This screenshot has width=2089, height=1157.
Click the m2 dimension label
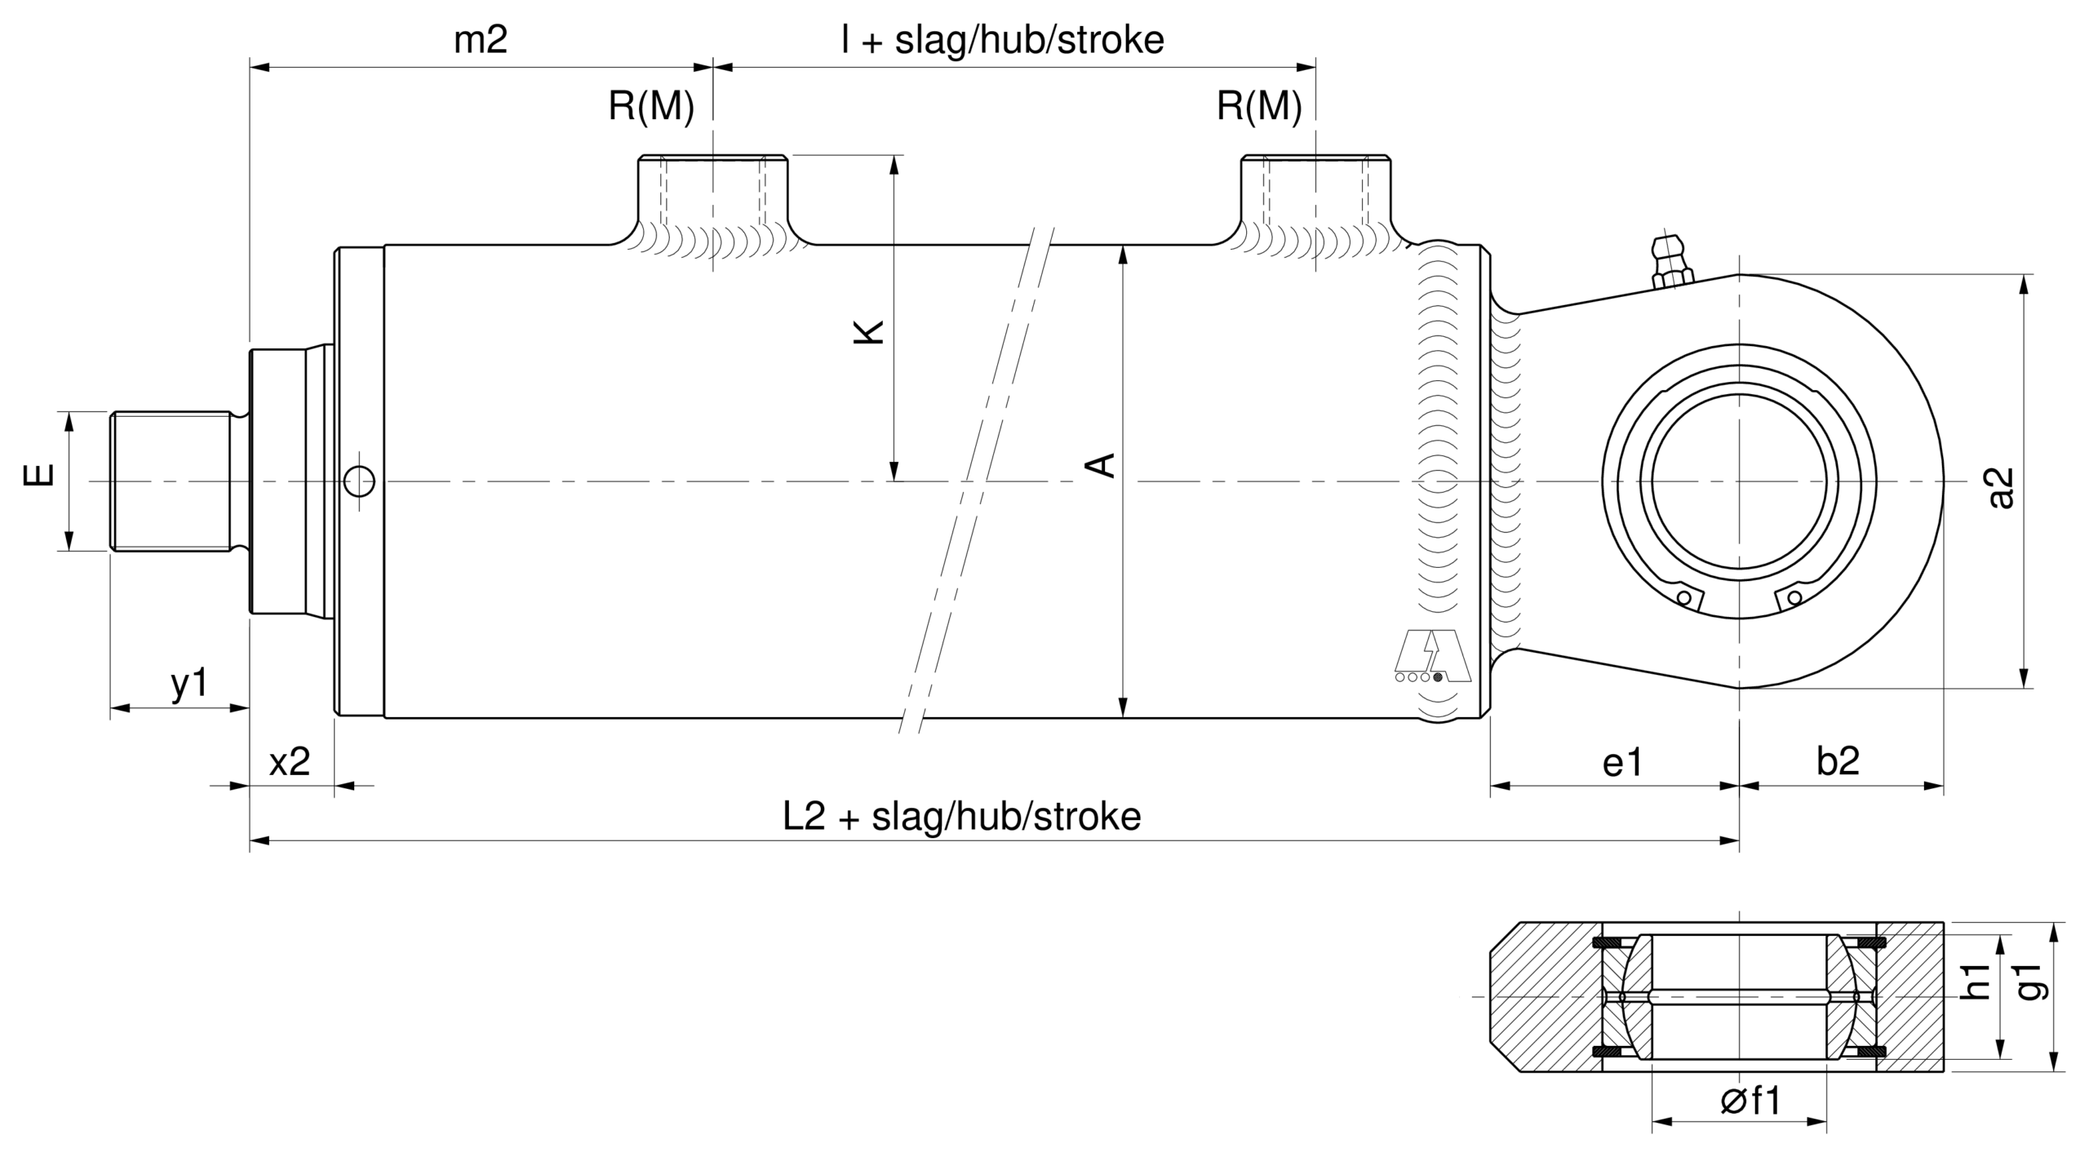481,39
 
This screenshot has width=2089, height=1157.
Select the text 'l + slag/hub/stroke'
1003,39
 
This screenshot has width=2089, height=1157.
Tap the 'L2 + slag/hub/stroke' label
962,816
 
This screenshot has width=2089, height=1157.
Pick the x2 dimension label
290,761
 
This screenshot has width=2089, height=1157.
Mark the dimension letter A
1101,464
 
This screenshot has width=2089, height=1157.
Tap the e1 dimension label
1622,761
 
